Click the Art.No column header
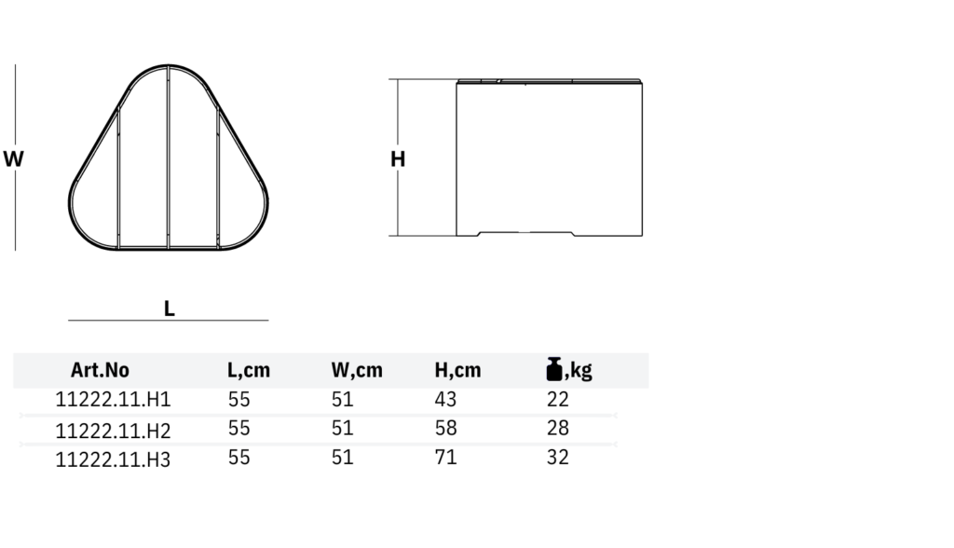coord(100,370)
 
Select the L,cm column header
coord(248,370)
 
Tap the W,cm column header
coord(357,370)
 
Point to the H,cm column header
coord(457,370)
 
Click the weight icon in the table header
coord(554,369)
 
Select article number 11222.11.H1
coord(113,400)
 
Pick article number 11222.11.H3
coord(113,459)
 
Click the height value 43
coord(445,400)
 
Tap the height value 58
coord(445,428)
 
